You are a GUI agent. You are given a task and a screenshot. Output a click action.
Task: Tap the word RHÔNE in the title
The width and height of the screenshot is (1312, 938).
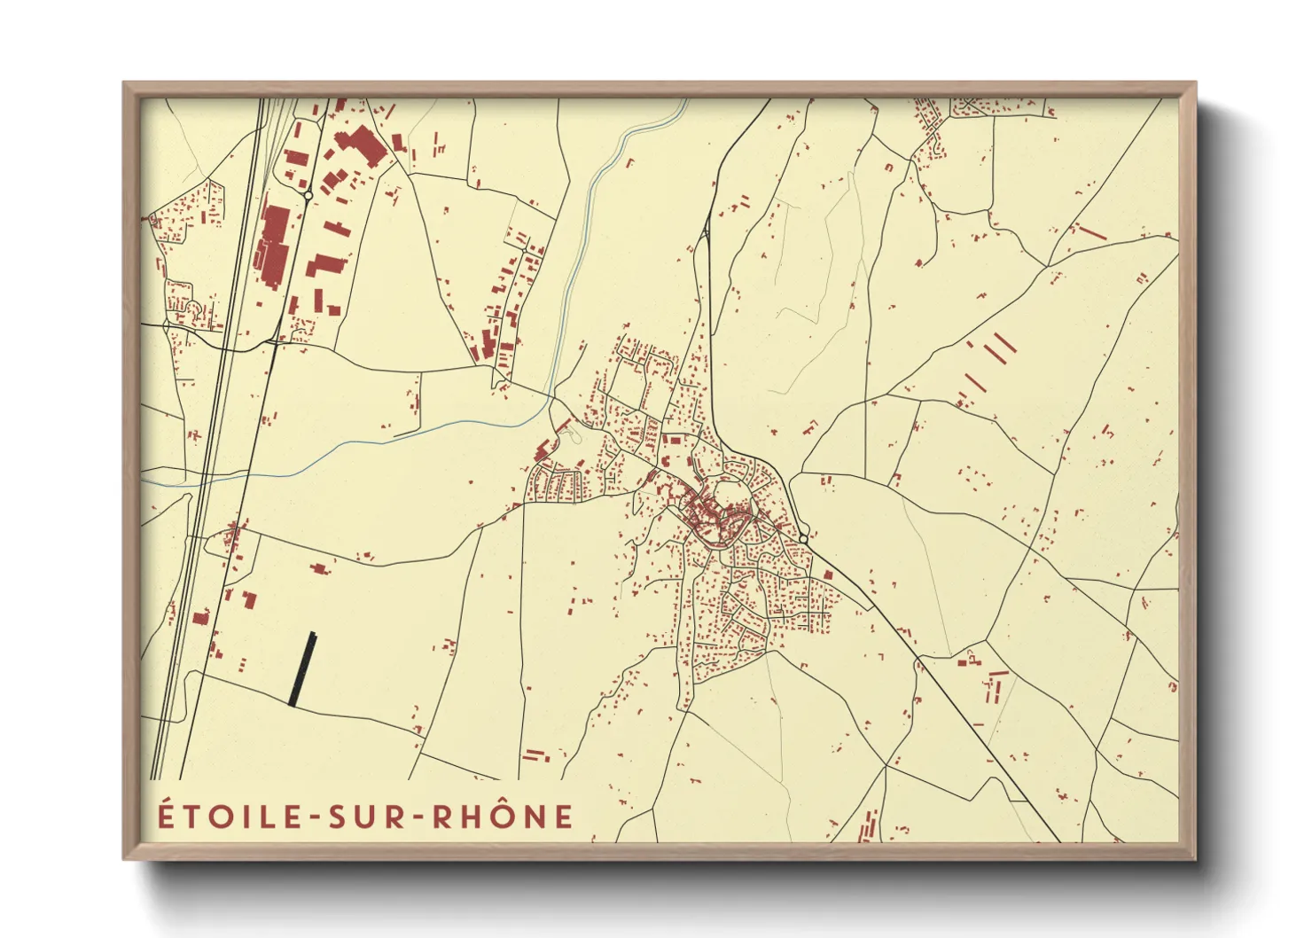[503, 817]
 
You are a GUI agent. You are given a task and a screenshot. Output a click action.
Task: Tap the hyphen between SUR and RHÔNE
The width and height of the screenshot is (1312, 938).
[414, 818]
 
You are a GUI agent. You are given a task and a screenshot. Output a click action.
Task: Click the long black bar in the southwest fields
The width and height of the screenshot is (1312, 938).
[302, 668]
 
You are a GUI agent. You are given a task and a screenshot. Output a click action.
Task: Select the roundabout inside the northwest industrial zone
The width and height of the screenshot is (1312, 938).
[308, 194]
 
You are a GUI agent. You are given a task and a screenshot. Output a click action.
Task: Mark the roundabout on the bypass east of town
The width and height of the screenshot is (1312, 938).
[803, 538]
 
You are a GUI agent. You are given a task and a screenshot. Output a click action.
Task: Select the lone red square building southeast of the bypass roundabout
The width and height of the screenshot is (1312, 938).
[828, 575]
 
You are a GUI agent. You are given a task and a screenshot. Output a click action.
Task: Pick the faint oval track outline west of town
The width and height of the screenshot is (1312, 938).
[571, 432]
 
